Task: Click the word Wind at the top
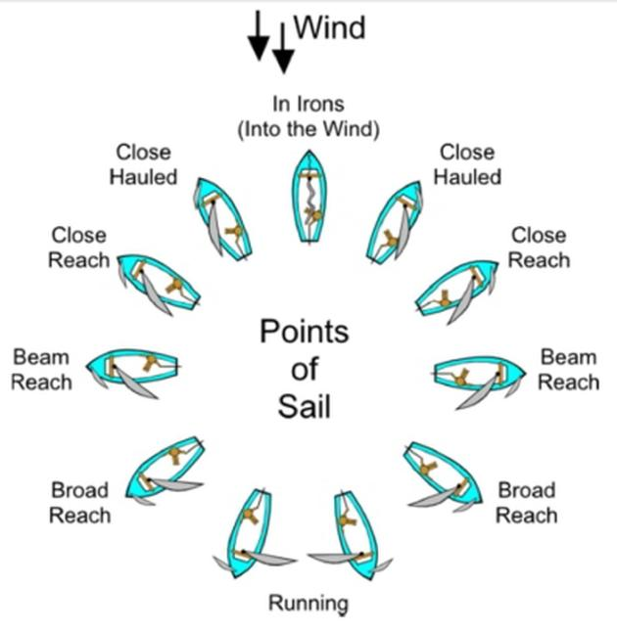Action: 329,26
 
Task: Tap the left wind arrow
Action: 258,34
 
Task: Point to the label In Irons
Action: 308,103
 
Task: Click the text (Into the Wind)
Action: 308,128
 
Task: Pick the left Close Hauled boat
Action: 223,217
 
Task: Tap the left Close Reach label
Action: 79,248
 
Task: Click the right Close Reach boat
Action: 455,290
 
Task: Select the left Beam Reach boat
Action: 134,368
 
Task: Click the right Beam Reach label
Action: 568,369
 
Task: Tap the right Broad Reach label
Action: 526,502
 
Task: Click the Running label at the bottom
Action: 308,603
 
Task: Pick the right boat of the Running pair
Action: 354,533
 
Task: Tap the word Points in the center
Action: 305,332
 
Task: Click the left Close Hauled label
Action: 143,164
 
